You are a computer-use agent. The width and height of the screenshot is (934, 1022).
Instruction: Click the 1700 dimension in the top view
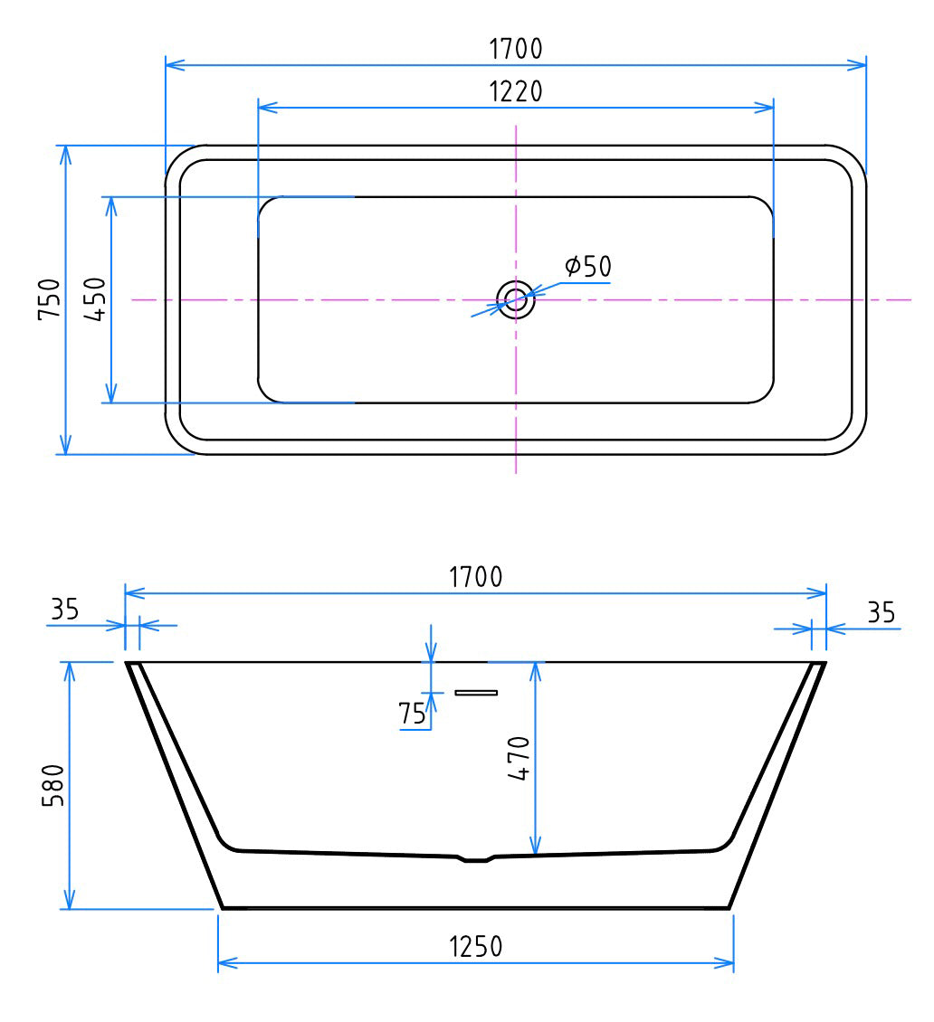pyautogui.click(x=516, y=49)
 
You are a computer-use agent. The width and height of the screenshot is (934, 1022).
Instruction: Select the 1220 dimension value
pyautogui.click(x=516, y=91)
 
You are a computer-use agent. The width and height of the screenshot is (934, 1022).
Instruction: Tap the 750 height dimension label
pyautogui.click(x=50, y=298)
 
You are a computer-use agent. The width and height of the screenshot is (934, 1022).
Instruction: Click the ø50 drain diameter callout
pyautogui.click(x=587, y=267)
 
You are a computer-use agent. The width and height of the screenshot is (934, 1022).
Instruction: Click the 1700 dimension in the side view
pyautogui.click(x=476, y=577)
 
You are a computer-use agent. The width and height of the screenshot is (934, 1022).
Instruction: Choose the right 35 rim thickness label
pyautogui.click(x=881, y=613)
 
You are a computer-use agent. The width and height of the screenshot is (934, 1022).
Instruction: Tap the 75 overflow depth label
pyautogui.click(x=412, y=714)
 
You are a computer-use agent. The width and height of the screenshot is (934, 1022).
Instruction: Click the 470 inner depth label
pyautogui.click(x=519, y=758)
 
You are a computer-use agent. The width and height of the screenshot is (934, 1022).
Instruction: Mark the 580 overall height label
pyautogui.click(x=52, y=785)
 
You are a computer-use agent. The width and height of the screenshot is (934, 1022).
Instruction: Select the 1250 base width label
pyautogui.click(x=476, y=947)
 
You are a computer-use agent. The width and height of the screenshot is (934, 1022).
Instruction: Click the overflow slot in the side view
pyautogui.click(x=476, y=693)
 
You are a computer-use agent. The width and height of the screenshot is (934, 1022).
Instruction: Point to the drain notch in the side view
pyautogui.click(x=476, y=858)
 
